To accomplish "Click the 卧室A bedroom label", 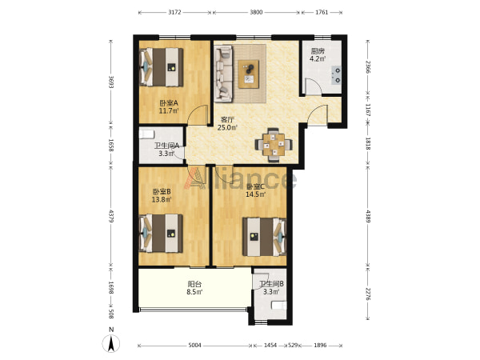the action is point(169,103).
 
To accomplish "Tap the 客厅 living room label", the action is point(227,120).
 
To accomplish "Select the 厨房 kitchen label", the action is point(318,51).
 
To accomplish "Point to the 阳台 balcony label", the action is point(194,284).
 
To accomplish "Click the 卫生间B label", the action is point(271,284).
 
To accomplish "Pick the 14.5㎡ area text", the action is point(256,194).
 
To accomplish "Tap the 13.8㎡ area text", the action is point(162,199).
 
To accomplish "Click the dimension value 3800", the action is point(256,12).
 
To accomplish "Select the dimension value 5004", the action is point(194,346).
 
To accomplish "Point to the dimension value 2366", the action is point(368,66).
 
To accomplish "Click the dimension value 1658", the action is point(111,145).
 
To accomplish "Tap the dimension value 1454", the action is point(270,346).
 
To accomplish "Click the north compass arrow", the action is point(111,343).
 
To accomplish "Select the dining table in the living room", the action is point(274,145).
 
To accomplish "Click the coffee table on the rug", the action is point(249,74).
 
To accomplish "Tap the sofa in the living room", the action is point(223,74).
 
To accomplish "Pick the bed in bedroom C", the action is point(265,237).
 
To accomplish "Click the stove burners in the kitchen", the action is point(338,75).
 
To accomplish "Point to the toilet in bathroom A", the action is point(147,134).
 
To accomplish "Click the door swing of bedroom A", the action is point(198,114).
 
